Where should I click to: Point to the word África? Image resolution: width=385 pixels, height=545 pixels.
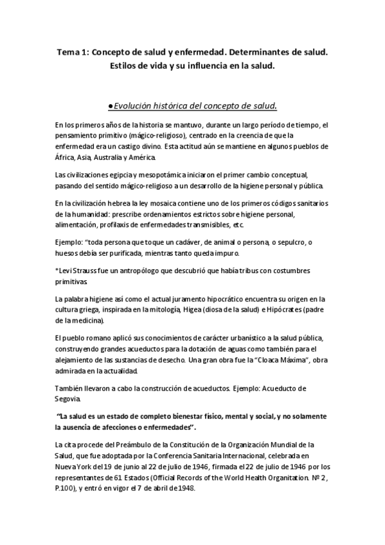click(66, 157)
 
